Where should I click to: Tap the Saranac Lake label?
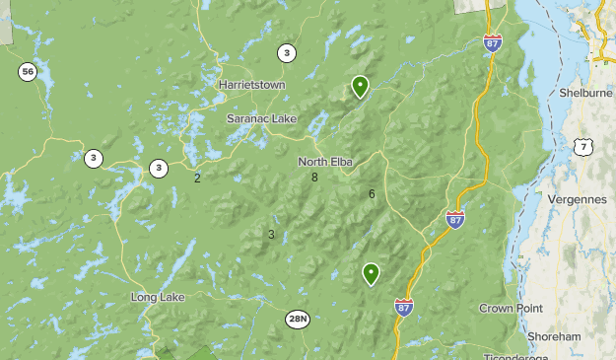[x=261, y=118]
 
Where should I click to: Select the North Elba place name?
[x=326, y=162]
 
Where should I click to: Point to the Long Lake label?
[x=158, y=297]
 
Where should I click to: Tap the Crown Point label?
[x=511, y=309]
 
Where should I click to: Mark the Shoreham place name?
[x=554, y=336]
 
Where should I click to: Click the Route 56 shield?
[x=27, y=71]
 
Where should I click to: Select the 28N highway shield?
[x=298, y=319]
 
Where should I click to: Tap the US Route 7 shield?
[x=583, y=147]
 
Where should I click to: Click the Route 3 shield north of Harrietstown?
[x=286, y=53]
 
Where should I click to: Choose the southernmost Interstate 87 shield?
[x=404, y=307]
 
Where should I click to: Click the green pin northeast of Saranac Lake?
[x=361, y=87]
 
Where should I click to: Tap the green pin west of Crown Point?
[x=371, y=273]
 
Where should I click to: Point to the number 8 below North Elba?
[x=314, y=178]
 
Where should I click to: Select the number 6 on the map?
[x=372, y=194]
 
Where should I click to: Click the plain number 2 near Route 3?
[x=197, y=179]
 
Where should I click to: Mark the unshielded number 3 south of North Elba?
[x=271, y=235]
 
